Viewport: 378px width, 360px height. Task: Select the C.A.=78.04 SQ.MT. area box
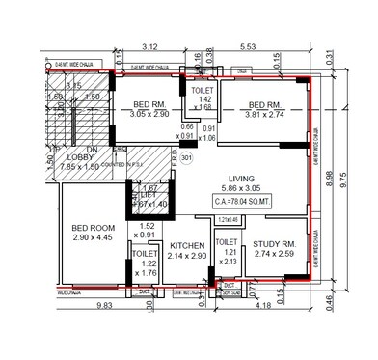point(256,203)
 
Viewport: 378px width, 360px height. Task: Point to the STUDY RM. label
point(273,245)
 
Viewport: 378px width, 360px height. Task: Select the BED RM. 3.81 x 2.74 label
point(265,107)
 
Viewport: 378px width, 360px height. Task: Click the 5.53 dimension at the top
point(248,46)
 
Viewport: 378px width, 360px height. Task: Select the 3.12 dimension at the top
point(149,46)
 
